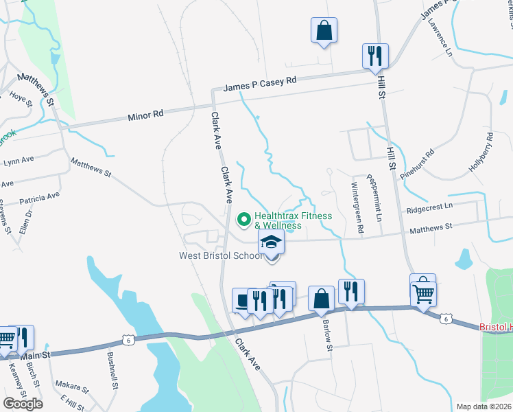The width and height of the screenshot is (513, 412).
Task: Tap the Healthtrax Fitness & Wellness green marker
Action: [243, 220]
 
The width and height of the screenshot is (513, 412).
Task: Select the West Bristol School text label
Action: [221, 256]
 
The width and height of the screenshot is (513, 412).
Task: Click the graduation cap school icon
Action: [271, 242]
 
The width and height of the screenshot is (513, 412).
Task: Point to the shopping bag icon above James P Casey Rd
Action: [324, 31]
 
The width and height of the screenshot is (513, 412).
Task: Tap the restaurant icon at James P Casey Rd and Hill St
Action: [375, 56]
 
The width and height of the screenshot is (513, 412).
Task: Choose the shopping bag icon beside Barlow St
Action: [320, 298]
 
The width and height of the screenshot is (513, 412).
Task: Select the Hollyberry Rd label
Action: [480, 152]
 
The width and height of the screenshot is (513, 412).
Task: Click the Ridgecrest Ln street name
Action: [429, 206]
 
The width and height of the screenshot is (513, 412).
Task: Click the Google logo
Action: [23, 403]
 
